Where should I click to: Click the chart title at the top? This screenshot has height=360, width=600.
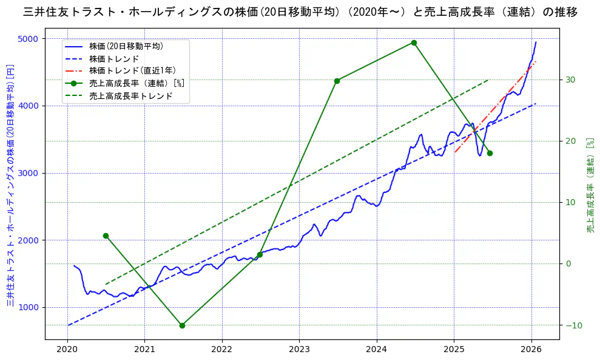300,12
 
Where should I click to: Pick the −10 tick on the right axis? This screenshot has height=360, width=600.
573,325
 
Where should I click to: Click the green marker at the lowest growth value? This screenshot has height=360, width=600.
182,325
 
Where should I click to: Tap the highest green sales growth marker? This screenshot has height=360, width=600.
414,42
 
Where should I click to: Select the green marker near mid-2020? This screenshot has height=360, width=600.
106,236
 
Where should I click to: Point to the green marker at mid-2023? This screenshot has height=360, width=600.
337,81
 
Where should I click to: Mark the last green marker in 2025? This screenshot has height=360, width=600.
490,153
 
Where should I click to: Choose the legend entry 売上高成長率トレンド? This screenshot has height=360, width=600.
130,96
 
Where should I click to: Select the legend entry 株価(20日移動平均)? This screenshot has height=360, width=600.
126,46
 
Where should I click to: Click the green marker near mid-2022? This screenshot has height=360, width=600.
260,254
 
